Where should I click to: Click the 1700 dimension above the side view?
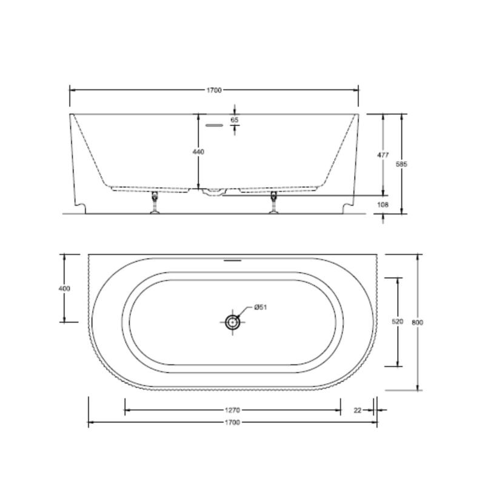pos(214,90)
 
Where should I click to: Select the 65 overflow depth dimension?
pos(235,119)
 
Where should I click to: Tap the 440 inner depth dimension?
pos(198,152)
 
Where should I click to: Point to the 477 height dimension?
pos(383,155)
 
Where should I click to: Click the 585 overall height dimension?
pos(402,164)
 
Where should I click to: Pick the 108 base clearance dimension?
pos(383,205)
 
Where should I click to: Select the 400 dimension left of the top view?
pos(64,289)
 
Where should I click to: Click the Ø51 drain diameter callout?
pos(261,307)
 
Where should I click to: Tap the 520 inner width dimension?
pos(398,322)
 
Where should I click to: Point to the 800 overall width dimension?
pos(417,323)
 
